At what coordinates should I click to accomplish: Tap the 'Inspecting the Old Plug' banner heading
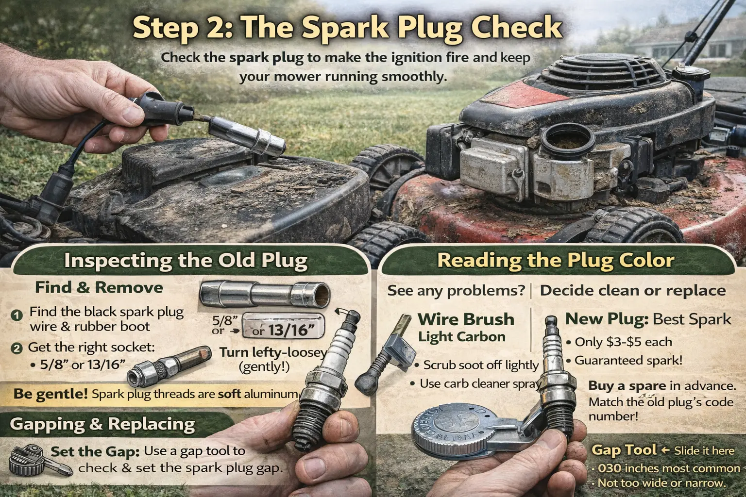(186, 260)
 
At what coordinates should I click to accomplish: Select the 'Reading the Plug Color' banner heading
(556, 260)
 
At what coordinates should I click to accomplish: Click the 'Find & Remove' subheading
(99, 288)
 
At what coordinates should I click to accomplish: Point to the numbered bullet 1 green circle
(17, 315)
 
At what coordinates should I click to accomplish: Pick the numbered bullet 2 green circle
(17, 349)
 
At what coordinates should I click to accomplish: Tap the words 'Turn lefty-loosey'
(272, 353)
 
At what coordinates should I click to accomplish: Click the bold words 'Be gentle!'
(51, 394)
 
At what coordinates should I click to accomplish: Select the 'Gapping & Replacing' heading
(102, 424)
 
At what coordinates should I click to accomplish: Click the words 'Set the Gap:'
(95, 452)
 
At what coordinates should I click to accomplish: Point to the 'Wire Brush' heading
(466, 319)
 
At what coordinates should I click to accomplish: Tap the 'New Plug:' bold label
(607, 319)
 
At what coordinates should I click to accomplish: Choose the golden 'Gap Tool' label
(624, 450)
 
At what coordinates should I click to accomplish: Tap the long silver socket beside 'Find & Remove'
(264, 293)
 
